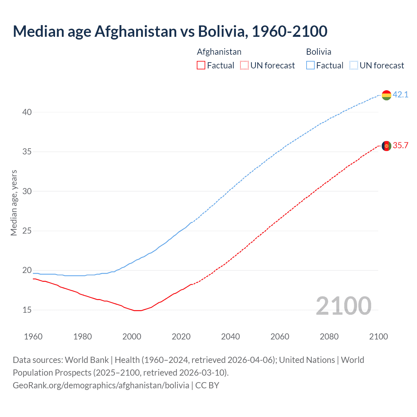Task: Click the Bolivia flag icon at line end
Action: (386, 95)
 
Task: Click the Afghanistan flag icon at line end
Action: (386, 146)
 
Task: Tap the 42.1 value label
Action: (400, 95)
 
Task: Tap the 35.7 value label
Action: (400, 146)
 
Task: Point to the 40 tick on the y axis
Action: (27, 112)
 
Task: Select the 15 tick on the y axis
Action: (27, 310)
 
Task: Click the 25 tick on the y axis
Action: (27, 231)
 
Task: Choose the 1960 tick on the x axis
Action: (33, 337)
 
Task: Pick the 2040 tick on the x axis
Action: (230, 337)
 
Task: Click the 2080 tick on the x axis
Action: (329, 337)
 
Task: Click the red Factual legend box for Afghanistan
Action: (201, 65)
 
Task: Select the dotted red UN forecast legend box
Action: (244, 65)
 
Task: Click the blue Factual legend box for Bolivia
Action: (310, 65)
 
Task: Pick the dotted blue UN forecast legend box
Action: (354, 65)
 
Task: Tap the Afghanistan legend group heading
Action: (219, 52)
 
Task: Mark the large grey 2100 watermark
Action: (343, 306)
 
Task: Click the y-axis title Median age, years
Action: (14, 203)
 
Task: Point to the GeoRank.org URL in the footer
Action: (101, 385)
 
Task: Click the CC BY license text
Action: (207, 385)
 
